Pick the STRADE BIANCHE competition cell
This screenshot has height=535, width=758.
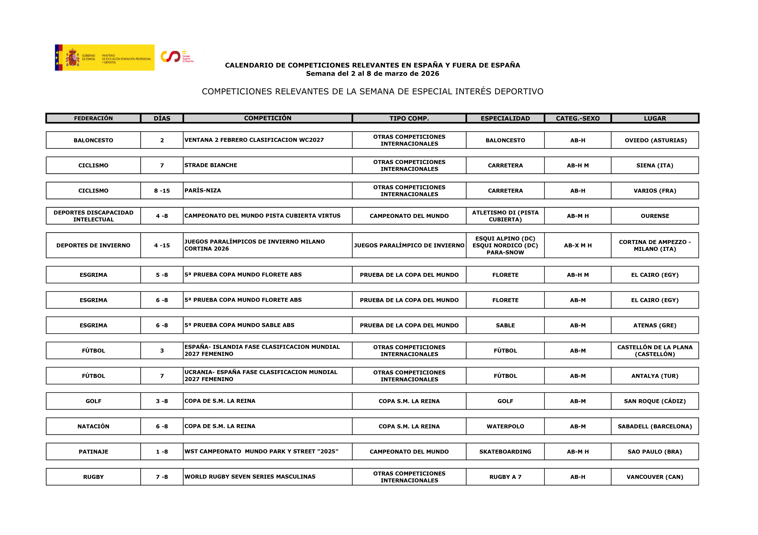click(267, 165)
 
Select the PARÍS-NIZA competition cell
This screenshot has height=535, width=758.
click(267, 191)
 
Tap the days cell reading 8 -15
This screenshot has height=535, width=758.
click(162, 191)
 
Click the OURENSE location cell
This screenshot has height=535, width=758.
click(655, 216)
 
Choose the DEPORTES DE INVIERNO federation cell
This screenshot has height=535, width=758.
click(93, 245)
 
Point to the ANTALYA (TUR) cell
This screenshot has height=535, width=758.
click(655, 376)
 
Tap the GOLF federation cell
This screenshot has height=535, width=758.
click(93, 401)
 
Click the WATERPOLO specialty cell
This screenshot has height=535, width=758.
click(505, 427)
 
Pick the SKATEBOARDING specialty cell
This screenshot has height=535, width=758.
click(505, 452)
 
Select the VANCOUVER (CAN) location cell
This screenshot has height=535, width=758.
click(655, 477)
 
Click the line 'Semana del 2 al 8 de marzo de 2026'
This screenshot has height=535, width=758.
click(372, 74)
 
